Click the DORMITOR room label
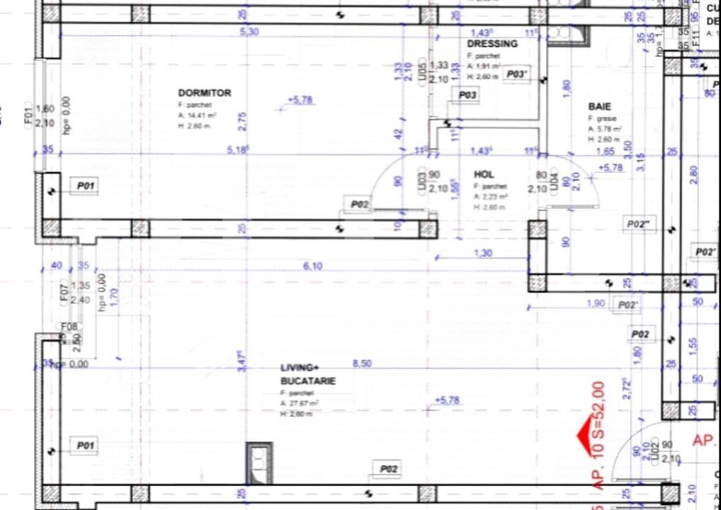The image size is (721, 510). [x=204, y=93]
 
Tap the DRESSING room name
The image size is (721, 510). [x=492, y=43]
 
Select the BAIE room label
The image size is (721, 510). [x=599, y=106]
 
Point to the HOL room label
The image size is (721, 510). [x=484, y=174]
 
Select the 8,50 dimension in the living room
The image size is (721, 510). [x=362, y=363]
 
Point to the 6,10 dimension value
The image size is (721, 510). [x=312, y=266]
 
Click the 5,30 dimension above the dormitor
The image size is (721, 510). [x=249, y=32]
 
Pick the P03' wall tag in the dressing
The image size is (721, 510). [x=517, y=74]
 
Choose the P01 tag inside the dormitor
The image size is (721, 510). [x=86, y=186]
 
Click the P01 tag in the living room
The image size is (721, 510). [x=86, y=446]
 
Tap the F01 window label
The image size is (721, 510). [x=29, y=115]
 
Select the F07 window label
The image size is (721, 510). [x=64, y=291]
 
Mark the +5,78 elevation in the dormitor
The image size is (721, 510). [x=301, y=100]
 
